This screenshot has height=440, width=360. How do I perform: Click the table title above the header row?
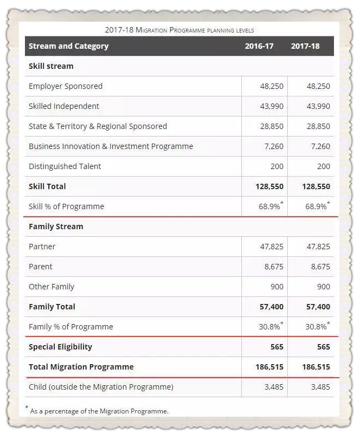click(x=179, y=30)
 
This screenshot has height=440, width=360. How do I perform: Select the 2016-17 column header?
click(x=259, y=46)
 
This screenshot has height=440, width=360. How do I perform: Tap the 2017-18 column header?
click(x=305, y=46)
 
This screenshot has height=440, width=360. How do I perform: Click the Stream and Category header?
click(x=68, y=46)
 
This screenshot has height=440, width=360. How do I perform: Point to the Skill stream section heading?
click(x=51, y=66)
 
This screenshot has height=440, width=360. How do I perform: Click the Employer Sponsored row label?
click(x=66, y=87)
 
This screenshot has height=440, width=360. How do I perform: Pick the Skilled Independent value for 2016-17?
click(x=272, y=106)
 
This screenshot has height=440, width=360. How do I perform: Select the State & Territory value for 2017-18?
click(x=318, y=126)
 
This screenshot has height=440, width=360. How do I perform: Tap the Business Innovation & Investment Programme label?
click(x=111, y=146)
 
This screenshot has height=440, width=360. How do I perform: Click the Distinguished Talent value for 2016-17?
click(x=277, y=166)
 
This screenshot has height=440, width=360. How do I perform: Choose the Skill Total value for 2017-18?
click(x=316, y=186)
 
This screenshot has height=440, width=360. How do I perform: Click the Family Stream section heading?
click(x=56, y=227)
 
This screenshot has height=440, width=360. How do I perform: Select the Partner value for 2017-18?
click(x=318, y=247)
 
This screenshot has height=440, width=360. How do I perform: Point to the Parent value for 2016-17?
click(x=274, y=267)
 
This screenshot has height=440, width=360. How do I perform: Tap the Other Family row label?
click(x=52, y=287)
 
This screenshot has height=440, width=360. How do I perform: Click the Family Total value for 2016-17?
click(x=271, y=307)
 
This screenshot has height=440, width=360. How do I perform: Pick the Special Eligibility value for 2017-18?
click(x=324, y=347)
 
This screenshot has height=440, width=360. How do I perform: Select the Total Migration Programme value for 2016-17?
click(x=269, y=367)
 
